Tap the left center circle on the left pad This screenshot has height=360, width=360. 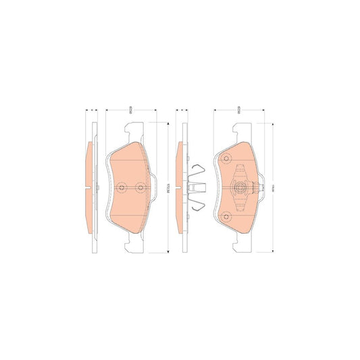[x=121, y=187]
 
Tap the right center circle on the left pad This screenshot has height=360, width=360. [x=140, y=187]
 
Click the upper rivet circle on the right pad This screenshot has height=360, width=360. [x=227, y=159]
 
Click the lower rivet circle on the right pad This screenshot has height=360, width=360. [x=227, y=216]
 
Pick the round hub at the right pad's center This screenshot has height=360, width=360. [x=239, y=187]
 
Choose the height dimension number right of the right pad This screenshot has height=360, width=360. [x=272, y=187]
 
